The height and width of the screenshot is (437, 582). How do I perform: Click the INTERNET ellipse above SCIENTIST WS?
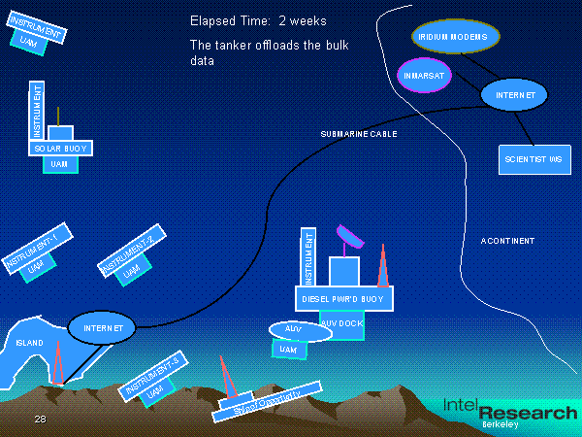tap(514, 95)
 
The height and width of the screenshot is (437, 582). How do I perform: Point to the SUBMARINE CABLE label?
tap(359, 133)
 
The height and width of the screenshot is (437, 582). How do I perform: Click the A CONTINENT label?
tap(507, 241)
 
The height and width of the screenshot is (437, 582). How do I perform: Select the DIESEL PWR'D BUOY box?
tap(343, 299)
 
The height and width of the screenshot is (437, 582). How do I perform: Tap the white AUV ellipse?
tap(300, 330)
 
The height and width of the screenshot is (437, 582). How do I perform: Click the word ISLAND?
tap(30, 344)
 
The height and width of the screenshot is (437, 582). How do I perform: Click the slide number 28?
tap(40, 419)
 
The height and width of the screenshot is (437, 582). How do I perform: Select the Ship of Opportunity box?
tap(263, 399)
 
